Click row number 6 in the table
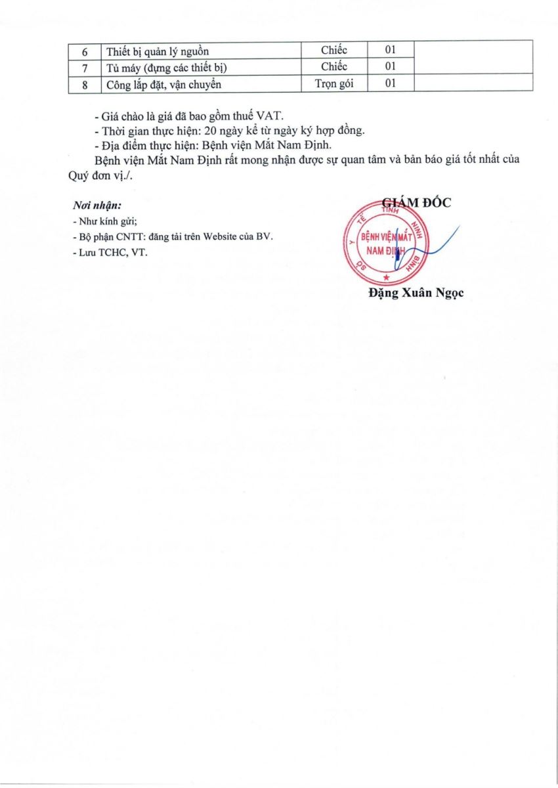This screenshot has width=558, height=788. (x=85, y=50)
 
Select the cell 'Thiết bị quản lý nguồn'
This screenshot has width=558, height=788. (x=157, y=51)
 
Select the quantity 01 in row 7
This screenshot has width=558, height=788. (x=391, y=66)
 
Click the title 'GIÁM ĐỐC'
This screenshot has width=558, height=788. (x=417, y=203)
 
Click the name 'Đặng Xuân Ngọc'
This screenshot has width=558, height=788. (x=416, y=294)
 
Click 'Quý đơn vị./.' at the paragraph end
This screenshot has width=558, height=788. (x=98, y=175)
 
